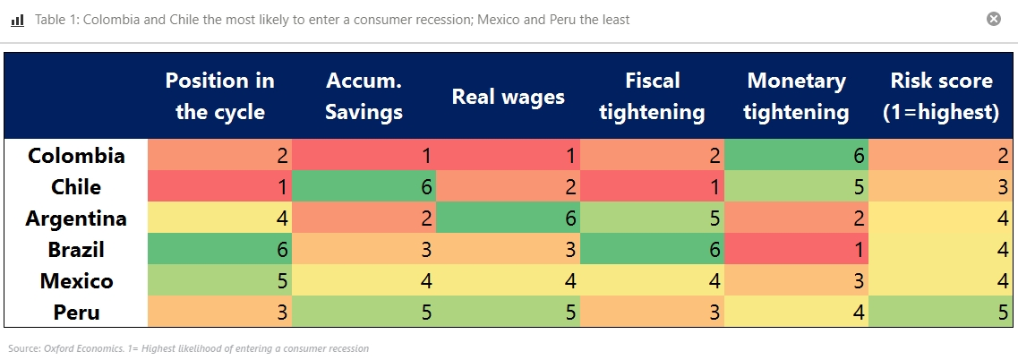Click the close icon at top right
pyautogui.click(x=993, y=19)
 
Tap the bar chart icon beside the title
pyautogui.click(x=17, y=20)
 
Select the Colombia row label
pyautogui.click(x=76, y=156)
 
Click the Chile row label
pyautogui.click(x=76, y=187)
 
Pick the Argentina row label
pyautogui.click(x=76, y=219)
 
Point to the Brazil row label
pyautogui.click(x=76, y=250)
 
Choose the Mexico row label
pyautogui.click(x=76, y=281)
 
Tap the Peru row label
pyautogui.click(x=76, y=313)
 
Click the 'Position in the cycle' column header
pyautogui.click(x=220, y=96)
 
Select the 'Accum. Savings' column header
pyautogui.click(x=364, y=96)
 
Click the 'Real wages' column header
pyautogui.click(x=508, y=97)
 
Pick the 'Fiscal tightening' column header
pyautogui.click(x=652, y=96)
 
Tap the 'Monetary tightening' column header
pyautogui.click(x=796, y=96)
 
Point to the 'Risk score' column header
pyautogui.click(x=941, y=96)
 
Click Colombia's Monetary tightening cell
pyautogui.click(x=796, y=156)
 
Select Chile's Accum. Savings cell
pyautogui.click(x=364, y=187)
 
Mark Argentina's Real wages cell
pyautogui.click(x=508, y=219)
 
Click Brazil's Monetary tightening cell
pyautogui.click(x=796, y=250)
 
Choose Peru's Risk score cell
pyautogui.click(x=941, y=313)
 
